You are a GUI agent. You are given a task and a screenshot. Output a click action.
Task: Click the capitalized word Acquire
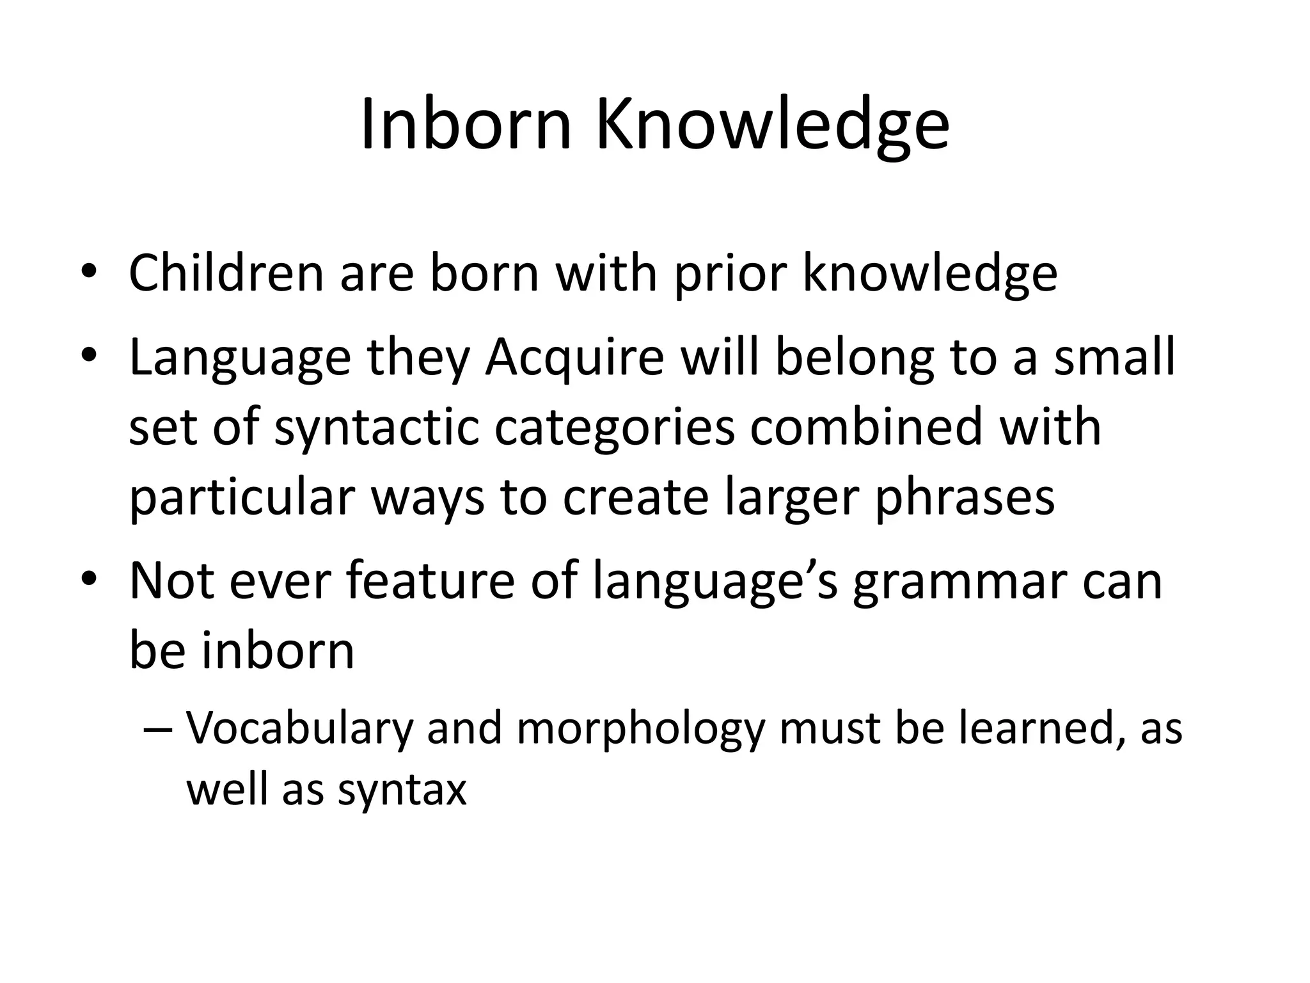click(x=574, y=359)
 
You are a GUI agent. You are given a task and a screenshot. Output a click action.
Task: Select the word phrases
click(x=965, y=499)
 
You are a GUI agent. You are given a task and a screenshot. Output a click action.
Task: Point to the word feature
click(x=430, y=580)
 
